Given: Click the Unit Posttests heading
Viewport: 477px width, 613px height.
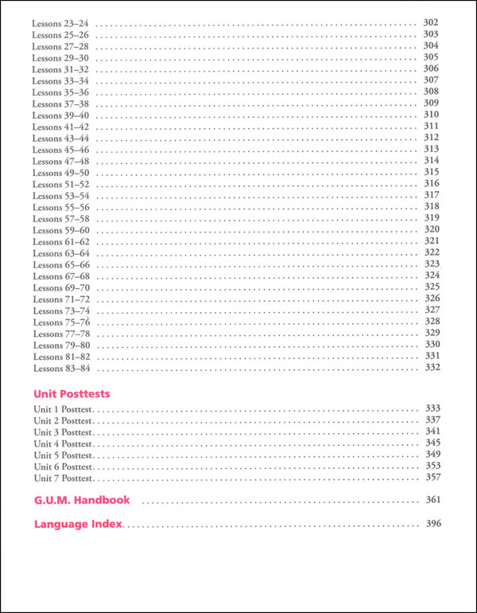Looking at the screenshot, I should pos(72,393).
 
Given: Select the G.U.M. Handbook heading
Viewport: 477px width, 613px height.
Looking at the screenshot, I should pos(82,501).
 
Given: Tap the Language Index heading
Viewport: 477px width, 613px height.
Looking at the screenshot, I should pos(77,525).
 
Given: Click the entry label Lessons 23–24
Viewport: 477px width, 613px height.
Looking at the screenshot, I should pos(61,23).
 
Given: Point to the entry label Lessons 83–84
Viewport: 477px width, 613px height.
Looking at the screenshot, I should pos(61,369).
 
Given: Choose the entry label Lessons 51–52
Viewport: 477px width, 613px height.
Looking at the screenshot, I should pos(61,185).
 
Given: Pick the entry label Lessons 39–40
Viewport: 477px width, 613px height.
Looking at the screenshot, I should pos(61,115).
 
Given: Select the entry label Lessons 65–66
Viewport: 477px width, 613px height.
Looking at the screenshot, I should pos(61,265).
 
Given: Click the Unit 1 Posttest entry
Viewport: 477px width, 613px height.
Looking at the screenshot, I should pos(64,409).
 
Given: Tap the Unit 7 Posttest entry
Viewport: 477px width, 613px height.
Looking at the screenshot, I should pos(64,478).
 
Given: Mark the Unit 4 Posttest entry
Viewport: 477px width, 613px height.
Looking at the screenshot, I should pos(64,443).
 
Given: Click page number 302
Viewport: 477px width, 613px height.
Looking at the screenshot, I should pos(432,23).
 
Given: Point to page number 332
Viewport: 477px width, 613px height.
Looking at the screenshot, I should pos(432,368).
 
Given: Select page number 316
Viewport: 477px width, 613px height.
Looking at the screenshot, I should pos(432,184).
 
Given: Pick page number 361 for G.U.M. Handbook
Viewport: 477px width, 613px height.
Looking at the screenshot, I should pos(432,500).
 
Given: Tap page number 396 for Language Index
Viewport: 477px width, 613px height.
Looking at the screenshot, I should pos(432,524).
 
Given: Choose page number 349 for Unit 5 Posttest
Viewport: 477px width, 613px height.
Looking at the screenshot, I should pos(432,455).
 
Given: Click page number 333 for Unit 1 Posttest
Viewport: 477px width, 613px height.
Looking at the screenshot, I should pos(432,408).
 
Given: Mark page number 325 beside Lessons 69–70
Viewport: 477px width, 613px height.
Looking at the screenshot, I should pos(432,287).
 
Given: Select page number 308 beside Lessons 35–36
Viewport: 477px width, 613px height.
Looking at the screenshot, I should pos(432,92).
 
